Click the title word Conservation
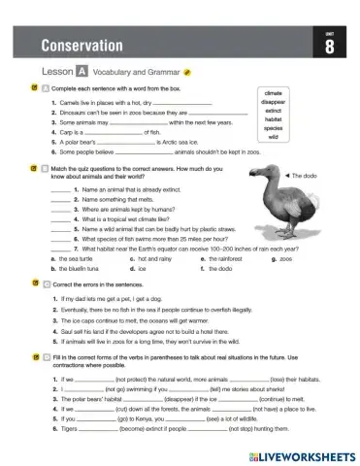[x=82, y=46]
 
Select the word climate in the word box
[x=273, y=94]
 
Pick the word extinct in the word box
[x=273, y=112]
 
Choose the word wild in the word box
[x=273, y=138]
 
